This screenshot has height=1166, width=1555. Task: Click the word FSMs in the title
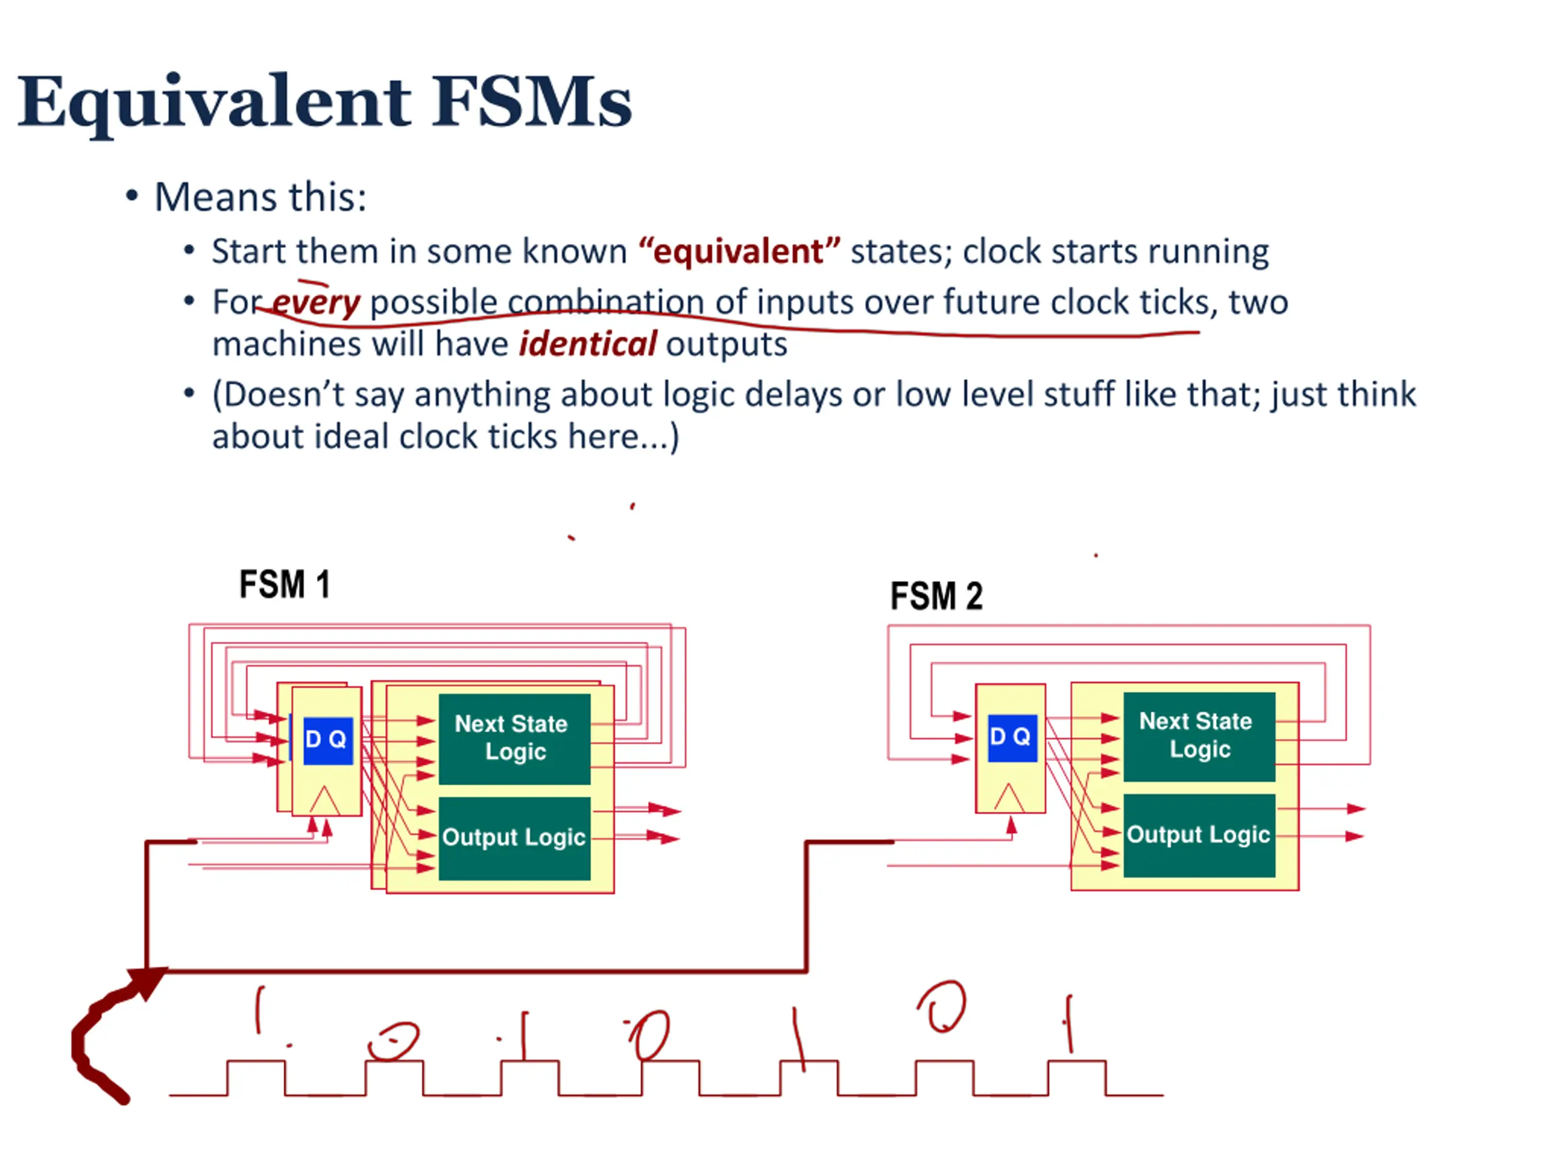pyautogui.click(x=531, y=103)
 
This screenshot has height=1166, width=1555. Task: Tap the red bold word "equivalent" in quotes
pyautogui.click(x=739, y=251)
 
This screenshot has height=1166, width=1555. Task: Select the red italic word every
pyautogui.click(x=316, y=303)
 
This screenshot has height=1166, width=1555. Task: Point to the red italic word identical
pyautogui.click(x=588, y=344)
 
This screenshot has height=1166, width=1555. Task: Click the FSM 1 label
pyautogui.click(x=284, y=585)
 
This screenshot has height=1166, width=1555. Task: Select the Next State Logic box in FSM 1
pyautogui.click(x=514, y=738)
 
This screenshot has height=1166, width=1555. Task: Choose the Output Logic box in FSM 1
pyautogui.click(x=514, y=838)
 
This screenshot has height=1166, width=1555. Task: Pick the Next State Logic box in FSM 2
pyautogui.click(x=1198, y=736)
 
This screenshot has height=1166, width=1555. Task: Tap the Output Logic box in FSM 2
pyautogui.click(x=1198, y=835)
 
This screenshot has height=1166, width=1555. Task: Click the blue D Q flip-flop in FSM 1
pyautogui.click(x=327, y=740)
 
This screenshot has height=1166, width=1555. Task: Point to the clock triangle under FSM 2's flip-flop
pyautogui.click(x=1010, y=799)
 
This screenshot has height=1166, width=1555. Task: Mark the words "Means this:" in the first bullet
pyautogui.click(x=260, y=197)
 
